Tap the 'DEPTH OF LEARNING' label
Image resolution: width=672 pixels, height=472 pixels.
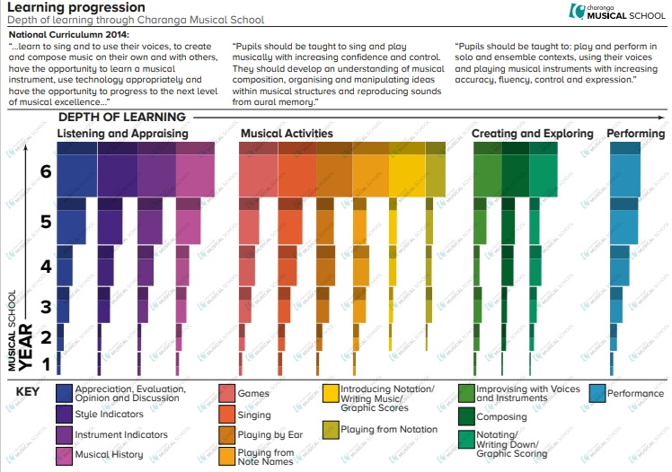[x=121, y=117]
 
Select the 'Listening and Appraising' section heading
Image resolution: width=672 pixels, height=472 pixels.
[x=122, y=134]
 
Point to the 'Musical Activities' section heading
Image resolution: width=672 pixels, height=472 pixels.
[x=287, y=134]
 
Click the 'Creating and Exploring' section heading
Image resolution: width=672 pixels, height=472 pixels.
[x=533, y=134]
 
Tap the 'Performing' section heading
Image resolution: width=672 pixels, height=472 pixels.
[x=636, y=134]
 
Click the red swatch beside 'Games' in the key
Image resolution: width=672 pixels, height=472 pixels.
[x=227, y=393]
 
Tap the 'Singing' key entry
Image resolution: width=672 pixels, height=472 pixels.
[x=253, y=415]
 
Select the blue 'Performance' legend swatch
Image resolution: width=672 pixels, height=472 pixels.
[x=597, y=393]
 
